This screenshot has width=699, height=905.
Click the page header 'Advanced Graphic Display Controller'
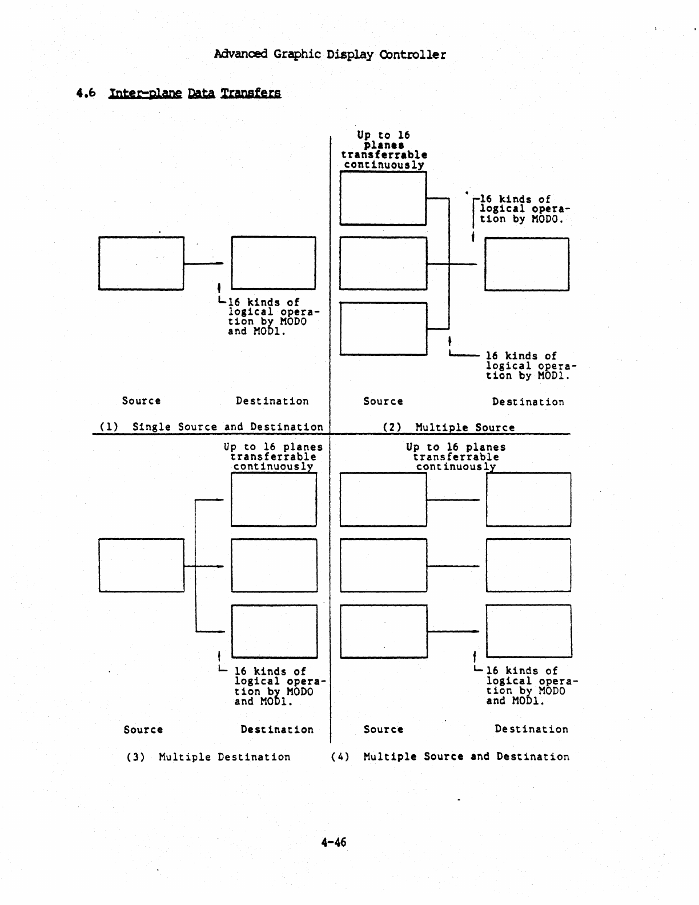click(330, 55)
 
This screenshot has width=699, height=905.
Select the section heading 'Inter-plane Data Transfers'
click(194, 93)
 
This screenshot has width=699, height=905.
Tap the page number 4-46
click(334, 842)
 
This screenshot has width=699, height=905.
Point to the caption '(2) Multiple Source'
click(448, 427)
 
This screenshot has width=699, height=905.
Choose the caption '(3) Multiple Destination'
click(208, 757)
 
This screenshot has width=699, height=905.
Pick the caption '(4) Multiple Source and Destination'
click(450, 756)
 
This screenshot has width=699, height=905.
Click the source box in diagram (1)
click(141, 263)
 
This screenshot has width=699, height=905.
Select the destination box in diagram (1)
click(274, 263)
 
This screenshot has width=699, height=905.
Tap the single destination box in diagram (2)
click(527, 264)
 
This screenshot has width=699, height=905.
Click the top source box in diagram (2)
click(383, 198)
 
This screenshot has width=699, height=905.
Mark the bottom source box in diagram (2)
click(383, 329)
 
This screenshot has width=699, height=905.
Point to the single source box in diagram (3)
click(142, 565)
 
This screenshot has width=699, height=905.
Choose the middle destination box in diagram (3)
click(274, 566)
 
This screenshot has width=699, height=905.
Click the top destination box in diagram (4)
click(528, 499)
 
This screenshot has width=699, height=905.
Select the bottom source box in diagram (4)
click(383, 631)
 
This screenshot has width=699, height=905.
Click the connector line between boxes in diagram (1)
click(204, 263)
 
